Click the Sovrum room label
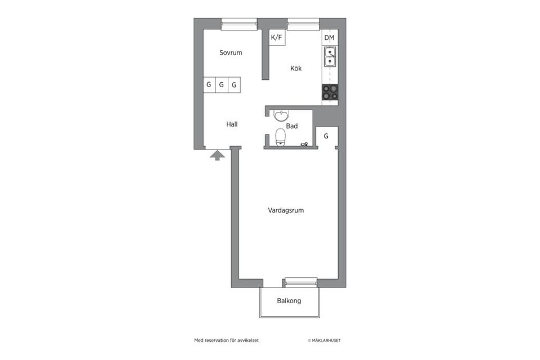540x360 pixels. (x=231, y=53)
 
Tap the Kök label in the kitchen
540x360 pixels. (x=296, y=69)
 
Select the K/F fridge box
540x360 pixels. (x=277, y=38)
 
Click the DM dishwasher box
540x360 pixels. (x=330, y=38)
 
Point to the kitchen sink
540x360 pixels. (x=330, y=57)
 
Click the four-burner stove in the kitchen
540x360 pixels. (x=330, y=92)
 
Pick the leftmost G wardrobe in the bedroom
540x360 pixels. (x=209, y=85)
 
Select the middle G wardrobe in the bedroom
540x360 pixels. (x=222, y=85)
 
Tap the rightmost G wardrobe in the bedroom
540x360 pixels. (x=234, y=85)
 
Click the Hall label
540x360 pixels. (x=232, y=124)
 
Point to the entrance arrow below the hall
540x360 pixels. (x=217, y=155)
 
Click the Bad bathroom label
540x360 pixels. (x=292, y=127)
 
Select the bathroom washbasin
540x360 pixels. (x=280, y=116)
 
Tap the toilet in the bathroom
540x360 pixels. (x=280, y=137)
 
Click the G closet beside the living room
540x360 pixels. (x=326, y=136)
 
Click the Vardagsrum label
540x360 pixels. (x=286, y=210)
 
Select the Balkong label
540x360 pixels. (x=289, y=301)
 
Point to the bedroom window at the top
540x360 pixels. (x=239, y=24)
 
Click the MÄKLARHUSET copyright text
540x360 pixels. (x=324, y=340)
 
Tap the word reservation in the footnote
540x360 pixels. (x=215, y=340)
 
